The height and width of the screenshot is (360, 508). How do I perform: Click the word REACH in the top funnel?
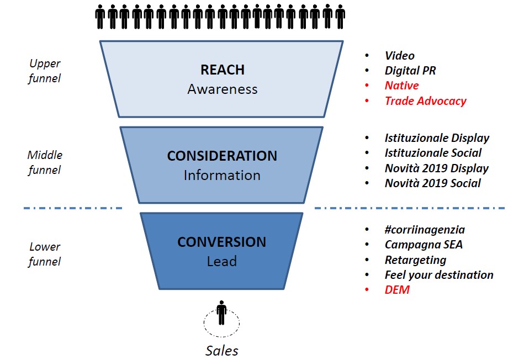pos(222,70)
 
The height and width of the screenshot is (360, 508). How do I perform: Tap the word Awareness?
pos(222,89)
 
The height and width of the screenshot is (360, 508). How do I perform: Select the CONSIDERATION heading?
pos(222,156)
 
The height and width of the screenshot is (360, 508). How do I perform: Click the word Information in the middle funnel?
pos(222,175)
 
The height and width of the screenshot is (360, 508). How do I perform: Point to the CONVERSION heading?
pos(221,242)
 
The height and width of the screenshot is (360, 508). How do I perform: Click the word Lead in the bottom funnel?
pos(221,261)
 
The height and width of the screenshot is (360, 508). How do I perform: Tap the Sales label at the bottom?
pos(222,350)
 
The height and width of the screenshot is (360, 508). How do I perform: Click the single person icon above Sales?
pos(222,313)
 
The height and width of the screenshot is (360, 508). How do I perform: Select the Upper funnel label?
pos(45,71)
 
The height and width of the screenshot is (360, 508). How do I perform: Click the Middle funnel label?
pos(45,162)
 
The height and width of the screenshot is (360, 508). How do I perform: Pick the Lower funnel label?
pos(45,254)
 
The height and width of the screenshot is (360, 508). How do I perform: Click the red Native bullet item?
pos(401,86)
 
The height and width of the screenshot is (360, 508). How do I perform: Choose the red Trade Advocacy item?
pos(425,101)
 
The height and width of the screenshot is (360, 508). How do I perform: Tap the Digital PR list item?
pos(410,71)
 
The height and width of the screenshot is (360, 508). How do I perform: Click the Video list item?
pos(399,56)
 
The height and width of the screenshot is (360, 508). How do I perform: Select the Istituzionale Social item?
pos(433,153)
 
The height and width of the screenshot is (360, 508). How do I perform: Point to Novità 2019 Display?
pos(436,168)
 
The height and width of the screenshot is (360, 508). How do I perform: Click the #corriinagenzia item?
pos(425,230)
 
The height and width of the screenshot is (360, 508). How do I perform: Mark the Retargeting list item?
pos(415,260)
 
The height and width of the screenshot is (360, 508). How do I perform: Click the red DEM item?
pos(397,289)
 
